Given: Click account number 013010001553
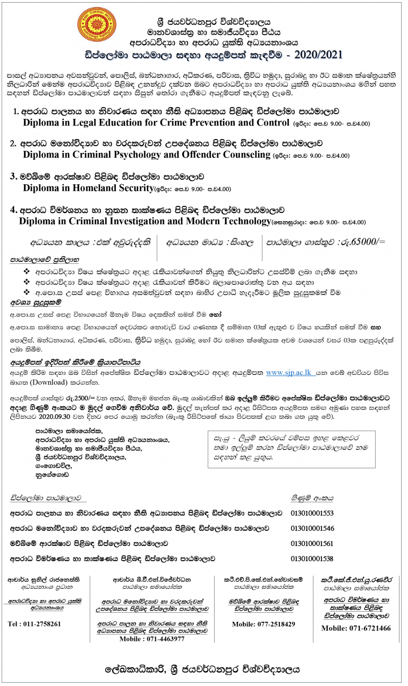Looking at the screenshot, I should click(312, 513).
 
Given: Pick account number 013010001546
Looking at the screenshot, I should click(312, 528).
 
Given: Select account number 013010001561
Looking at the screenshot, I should click(312, 544).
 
